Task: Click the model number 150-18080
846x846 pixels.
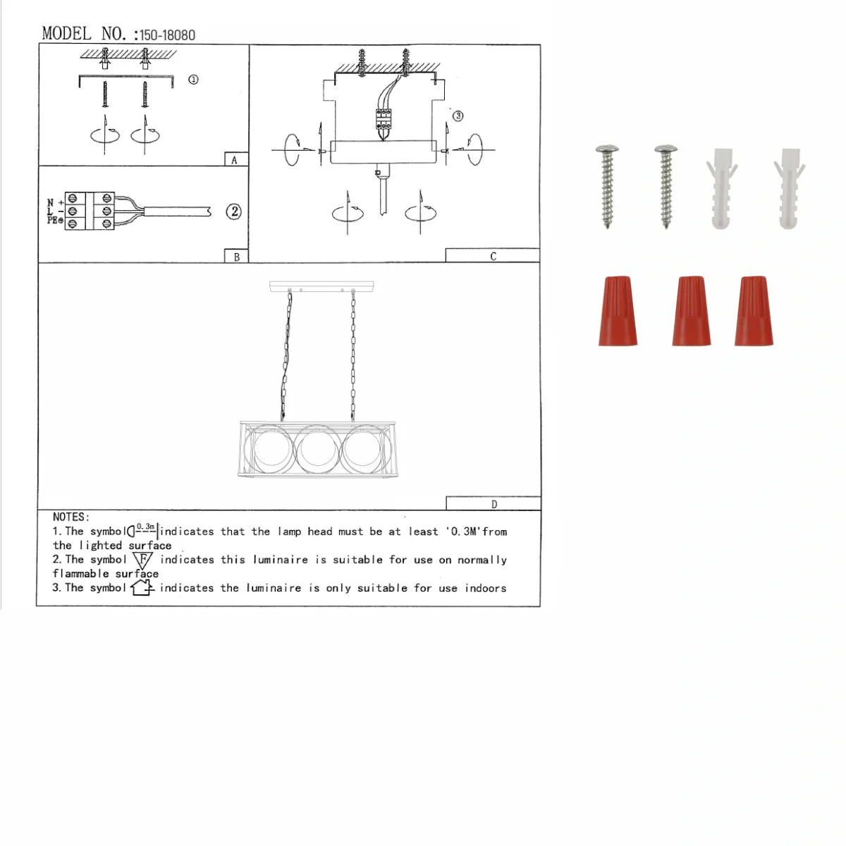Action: point(167,35)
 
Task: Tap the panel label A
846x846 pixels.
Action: point(234,160)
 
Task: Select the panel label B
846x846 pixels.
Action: point(237,257)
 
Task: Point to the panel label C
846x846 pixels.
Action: point(493,257)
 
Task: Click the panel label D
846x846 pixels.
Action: point(494,505)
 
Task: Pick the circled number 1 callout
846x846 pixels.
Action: point(193,80)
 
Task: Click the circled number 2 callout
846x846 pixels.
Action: point(234,211)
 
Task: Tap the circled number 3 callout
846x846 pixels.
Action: point(458,116)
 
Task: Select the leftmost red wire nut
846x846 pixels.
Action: point(618,311)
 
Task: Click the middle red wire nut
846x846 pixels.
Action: point(692,311)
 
